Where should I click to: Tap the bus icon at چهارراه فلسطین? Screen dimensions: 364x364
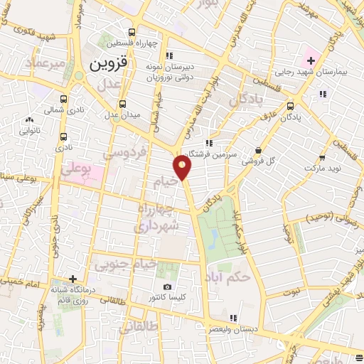[132, 32]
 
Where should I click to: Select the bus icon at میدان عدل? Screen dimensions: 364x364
[122, 103]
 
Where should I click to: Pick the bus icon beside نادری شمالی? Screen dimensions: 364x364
[64, 100]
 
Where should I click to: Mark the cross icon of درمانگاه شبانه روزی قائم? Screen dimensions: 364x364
[73, 278]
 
